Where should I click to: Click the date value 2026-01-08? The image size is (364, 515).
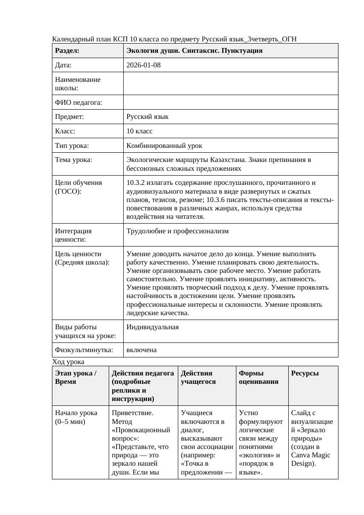pyautogui.click(x=143, y=65)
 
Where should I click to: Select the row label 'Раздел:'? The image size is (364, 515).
pyautogui.click(x=67, y=51)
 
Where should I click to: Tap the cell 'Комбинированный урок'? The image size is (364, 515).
pyautogui.click(x=164, y=145)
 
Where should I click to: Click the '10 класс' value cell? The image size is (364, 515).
pyautogui.click(x=140, y=131)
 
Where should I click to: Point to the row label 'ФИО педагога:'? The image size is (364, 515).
pyautogui.click(x=78, y=103)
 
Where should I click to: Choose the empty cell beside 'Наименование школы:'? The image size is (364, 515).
pyautogui.click(x=231, y=84)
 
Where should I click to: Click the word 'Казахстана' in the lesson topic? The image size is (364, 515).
pyautogui.click(x=227, y=160)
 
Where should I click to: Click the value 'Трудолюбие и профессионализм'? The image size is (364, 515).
pyautogui.click(x=177, y=231)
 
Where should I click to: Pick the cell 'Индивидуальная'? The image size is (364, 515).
pyautogui.click(x=152, y=327)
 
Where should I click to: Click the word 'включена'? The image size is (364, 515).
pyautogui.click(x=141, y=350)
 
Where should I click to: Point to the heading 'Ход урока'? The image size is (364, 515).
pyautogui.click(x=68, y=362)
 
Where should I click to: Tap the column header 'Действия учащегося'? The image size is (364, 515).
pyautogui.click(x=198, y=377)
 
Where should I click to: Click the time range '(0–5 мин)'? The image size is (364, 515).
pyautogui.click(x=70, y=422)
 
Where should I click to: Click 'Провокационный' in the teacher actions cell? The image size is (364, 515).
pyautogui.click(x=143, y=430)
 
